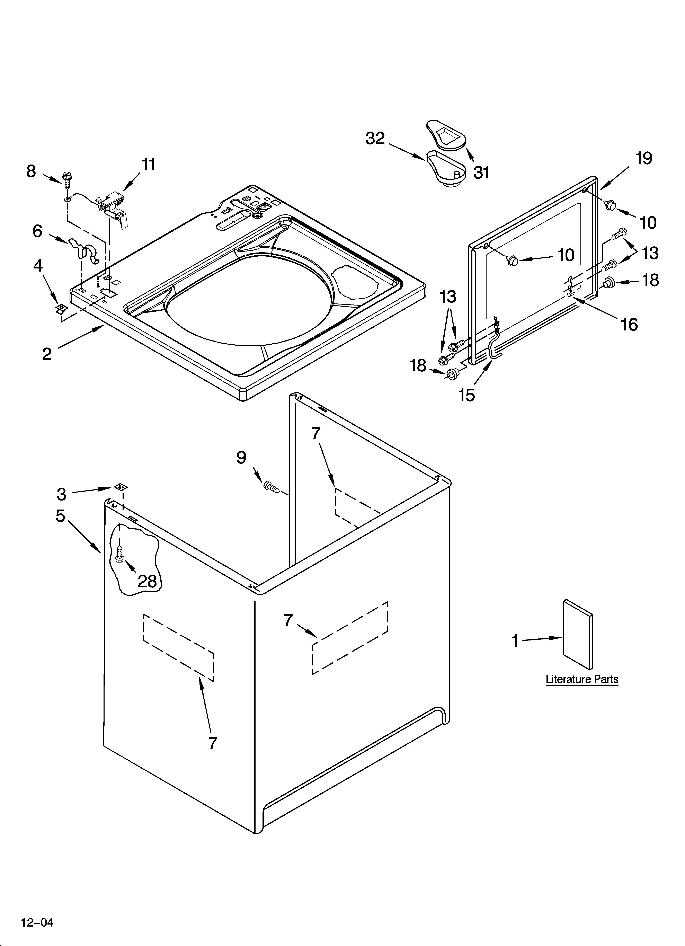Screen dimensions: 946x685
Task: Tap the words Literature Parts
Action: [582, 679]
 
